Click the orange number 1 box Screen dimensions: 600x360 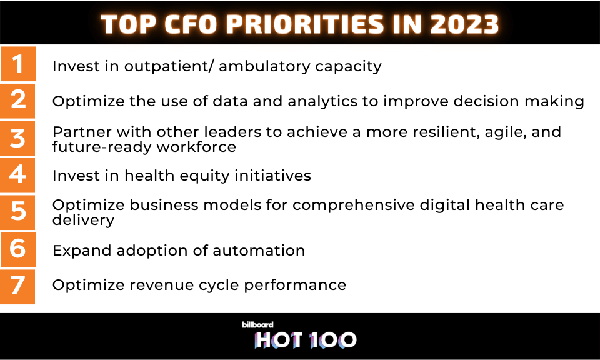17,64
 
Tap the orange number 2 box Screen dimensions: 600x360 17,101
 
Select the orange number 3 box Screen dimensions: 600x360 17,138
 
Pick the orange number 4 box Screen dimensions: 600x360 17,175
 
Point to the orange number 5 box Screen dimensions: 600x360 17,212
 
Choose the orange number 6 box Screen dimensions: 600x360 17,249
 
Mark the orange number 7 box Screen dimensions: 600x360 17,286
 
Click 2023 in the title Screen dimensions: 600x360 464,24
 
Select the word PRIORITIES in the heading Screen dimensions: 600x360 304,24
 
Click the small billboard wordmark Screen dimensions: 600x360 257,325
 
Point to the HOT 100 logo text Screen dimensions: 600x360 306,340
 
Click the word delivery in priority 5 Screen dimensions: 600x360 83,221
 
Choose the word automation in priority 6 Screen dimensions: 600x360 259,251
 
